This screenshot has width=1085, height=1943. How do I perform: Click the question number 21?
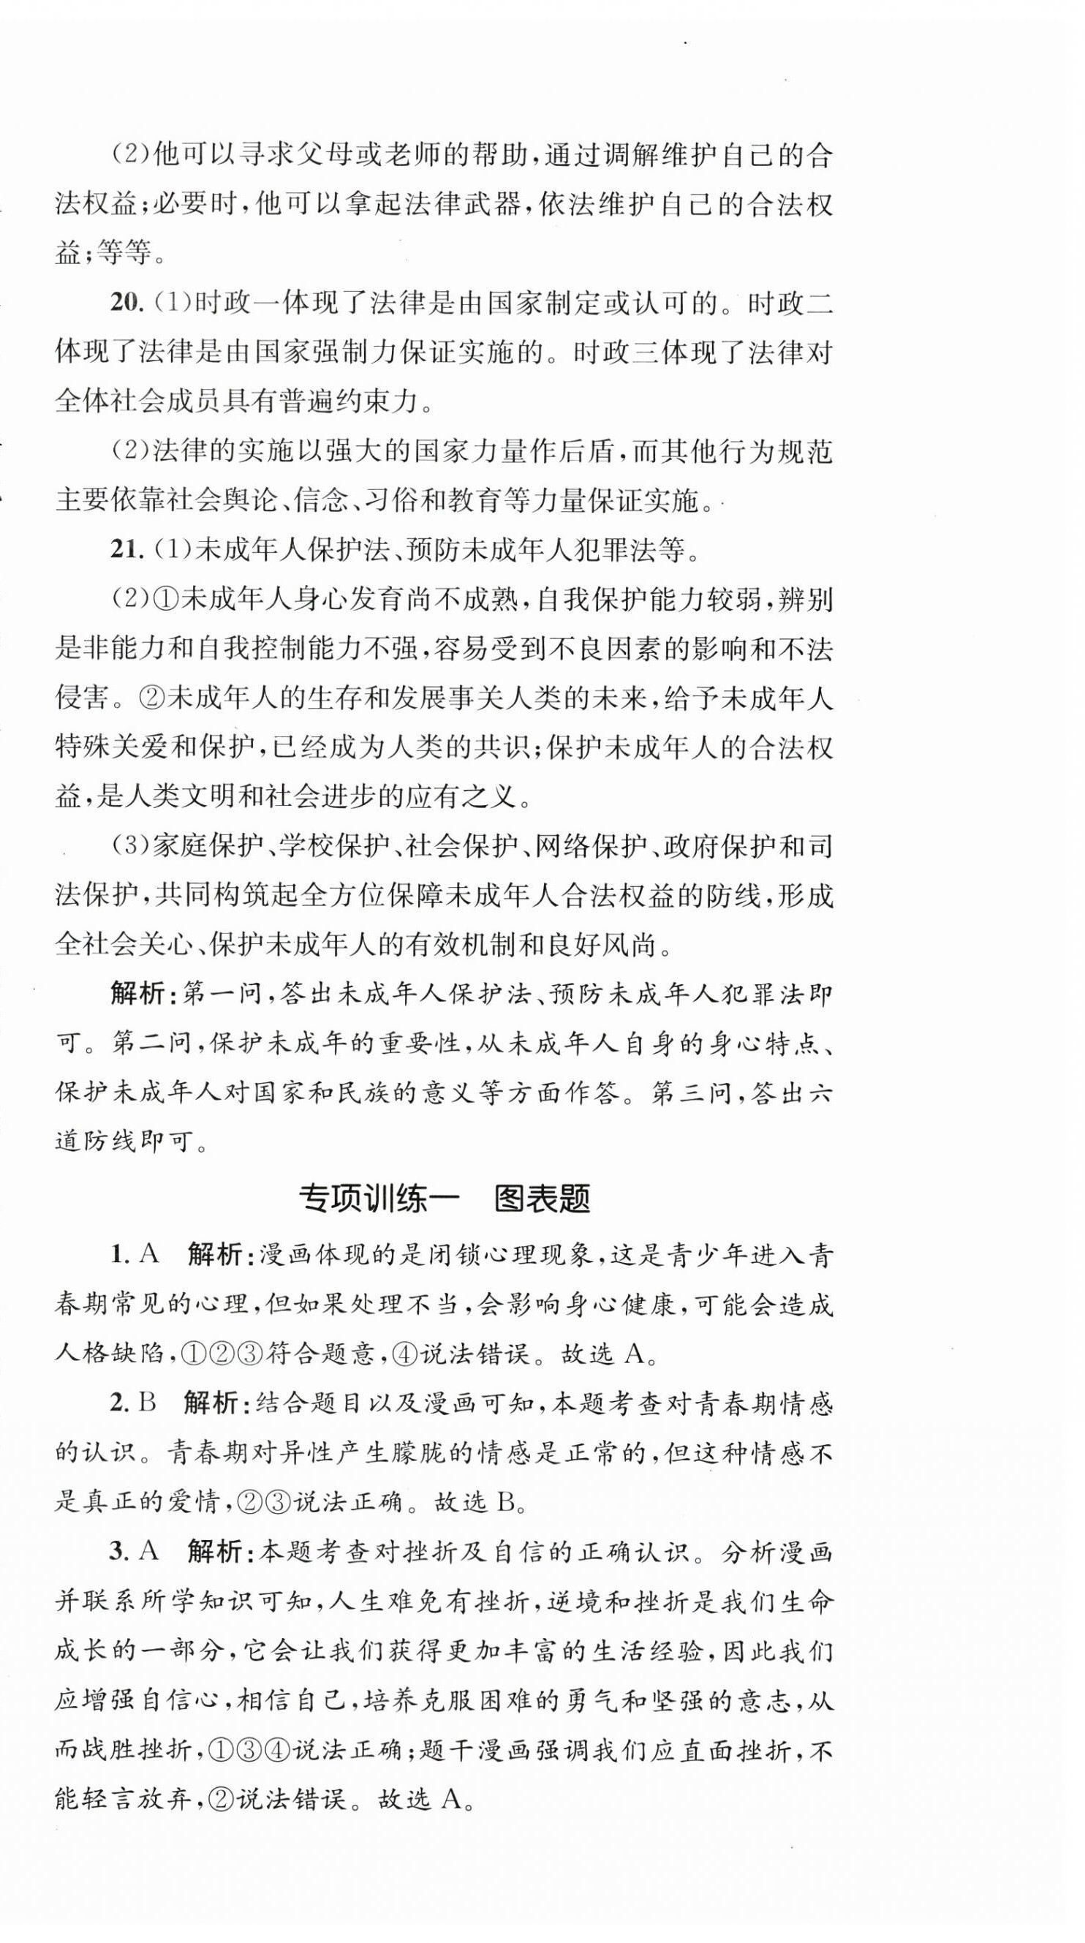click(126, 551)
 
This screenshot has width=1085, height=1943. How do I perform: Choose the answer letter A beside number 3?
click(149, 1552)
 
